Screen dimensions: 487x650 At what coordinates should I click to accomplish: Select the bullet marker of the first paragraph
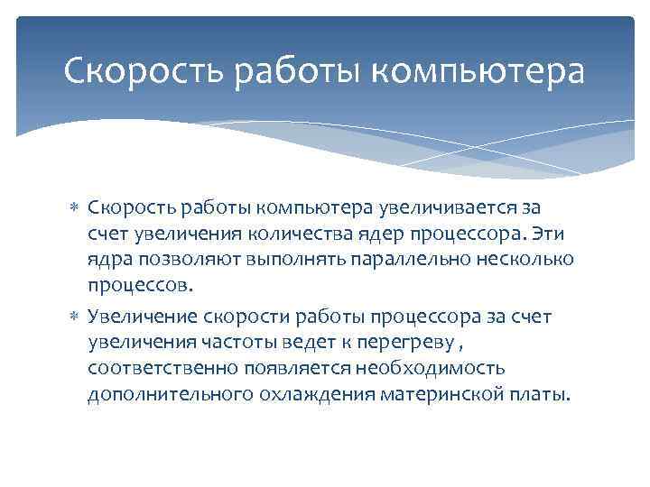click(75, 209)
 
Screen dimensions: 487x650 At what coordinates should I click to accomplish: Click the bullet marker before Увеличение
click(75, 316)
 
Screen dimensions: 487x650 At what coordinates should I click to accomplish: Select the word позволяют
click(180, 261)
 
